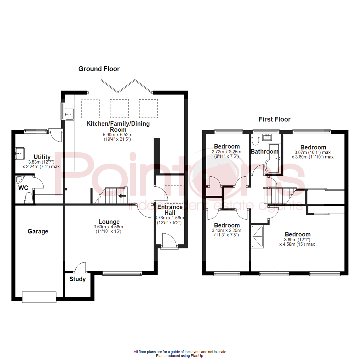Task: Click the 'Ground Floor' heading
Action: (x=99, y=69)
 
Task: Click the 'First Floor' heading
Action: (x=275, y=119)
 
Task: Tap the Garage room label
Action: (x=38, y=231)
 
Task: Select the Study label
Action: (x=78, y=279)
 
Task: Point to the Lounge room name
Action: (x=109, y=222)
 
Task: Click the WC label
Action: (x=23, y=188)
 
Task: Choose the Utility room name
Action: (x=42, y=157)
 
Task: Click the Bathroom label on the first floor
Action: (x=265, y=152)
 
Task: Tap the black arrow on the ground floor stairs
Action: (x=122, y=196)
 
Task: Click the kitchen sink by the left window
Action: (x=70, y=114)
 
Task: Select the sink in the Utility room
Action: (x=20, y=154)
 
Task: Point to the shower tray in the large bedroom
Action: (x=258, y=237)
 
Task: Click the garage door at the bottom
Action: (x=39, y=296)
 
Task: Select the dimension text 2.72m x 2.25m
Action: (x=227, y=152)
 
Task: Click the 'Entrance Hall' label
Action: (x=170, y=210)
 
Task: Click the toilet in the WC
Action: (x=28, y=197)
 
